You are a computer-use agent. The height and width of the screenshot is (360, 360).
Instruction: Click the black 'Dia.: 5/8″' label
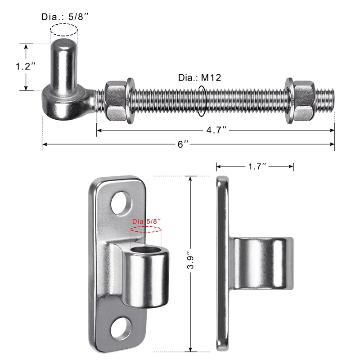[x=65, y=17]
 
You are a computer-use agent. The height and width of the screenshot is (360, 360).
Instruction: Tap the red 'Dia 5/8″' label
[x=146, y=221]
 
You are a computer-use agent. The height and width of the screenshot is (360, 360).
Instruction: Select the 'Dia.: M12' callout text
[x=199, y=77]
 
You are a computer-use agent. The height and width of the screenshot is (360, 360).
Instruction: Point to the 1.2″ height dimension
[x=26, y=66]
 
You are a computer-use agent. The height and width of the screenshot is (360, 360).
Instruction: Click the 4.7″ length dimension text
[x=216, y=130]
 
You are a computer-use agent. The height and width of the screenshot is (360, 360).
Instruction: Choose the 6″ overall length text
[x=183, y=144]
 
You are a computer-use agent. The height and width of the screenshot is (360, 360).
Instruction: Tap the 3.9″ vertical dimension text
[x=190, y=260]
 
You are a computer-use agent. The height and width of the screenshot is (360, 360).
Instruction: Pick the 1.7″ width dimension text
[x=257, y=166]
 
